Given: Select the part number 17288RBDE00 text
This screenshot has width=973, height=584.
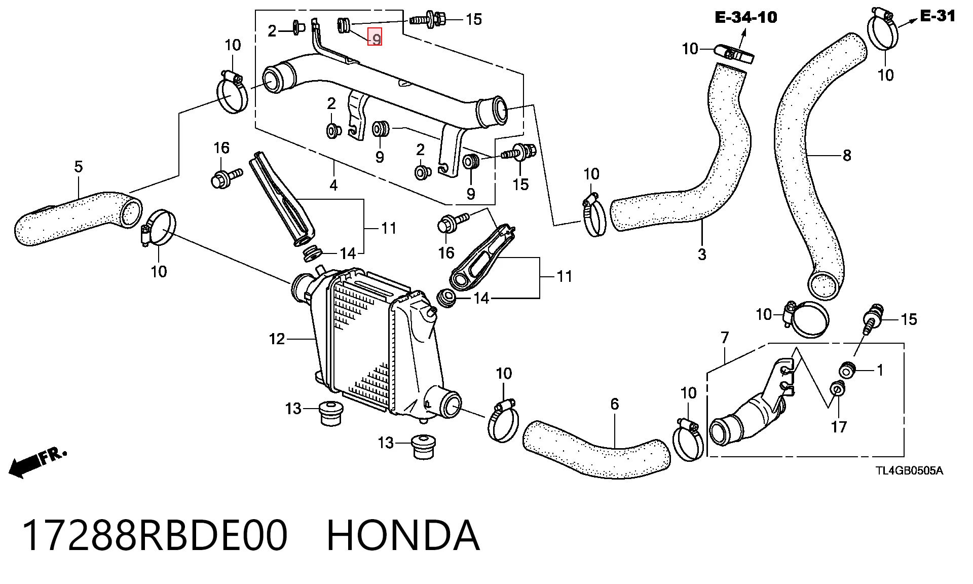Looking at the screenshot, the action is tap(155, 535).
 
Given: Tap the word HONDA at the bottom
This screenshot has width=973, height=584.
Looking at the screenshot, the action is tap(403, 535).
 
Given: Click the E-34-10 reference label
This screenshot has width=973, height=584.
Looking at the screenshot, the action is tap(745, 17).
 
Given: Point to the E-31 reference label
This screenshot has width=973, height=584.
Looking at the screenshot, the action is tap(938, 16).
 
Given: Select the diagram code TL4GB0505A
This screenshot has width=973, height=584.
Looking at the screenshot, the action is tap(910, 471).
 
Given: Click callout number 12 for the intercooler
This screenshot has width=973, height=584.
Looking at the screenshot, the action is tap(277, 339).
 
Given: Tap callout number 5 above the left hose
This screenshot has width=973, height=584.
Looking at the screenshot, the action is tap(78, 166).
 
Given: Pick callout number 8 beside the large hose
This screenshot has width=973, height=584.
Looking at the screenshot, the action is tap(847, 155).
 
